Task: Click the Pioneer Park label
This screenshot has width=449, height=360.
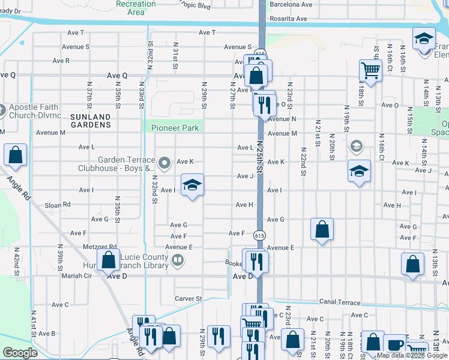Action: coord(175,128)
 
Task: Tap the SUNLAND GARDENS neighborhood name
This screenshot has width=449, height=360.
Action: coord(91,121)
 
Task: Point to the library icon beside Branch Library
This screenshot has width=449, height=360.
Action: coord(177,260)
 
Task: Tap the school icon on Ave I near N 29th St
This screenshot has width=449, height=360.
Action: coord(192,184)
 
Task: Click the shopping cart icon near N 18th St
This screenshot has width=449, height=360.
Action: coord(370,71)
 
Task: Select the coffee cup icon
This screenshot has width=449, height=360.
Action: coord(395,344)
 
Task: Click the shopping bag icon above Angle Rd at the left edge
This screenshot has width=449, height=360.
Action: coord(15,155)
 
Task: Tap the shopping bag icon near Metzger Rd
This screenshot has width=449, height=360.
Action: coord(108,260)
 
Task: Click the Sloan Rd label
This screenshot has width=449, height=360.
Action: coord(58,205)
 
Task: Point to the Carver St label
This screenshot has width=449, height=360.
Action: coord(188,298)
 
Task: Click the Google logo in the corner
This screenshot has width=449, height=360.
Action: coord(20,353)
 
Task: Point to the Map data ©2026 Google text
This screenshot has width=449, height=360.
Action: coord(412,355)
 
